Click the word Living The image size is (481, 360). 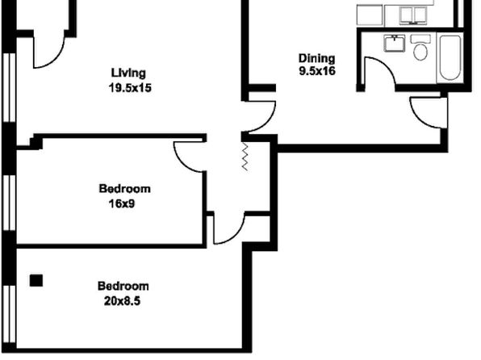128,73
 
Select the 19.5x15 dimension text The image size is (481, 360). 130,88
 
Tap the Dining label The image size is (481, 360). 317,59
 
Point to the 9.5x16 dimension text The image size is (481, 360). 317,71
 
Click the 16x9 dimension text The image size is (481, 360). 122,203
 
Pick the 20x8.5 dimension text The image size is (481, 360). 122,301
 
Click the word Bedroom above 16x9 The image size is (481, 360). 124,188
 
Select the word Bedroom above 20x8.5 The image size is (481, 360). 123,286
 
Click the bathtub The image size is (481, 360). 450,57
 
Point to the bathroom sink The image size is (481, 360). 394,43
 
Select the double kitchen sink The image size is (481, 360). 413,15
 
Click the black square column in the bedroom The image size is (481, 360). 36,280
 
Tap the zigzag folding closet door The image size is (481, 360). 245,156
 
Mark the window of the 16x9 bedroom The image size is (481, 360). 9,203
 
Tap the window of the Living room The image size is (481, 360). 9,87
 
